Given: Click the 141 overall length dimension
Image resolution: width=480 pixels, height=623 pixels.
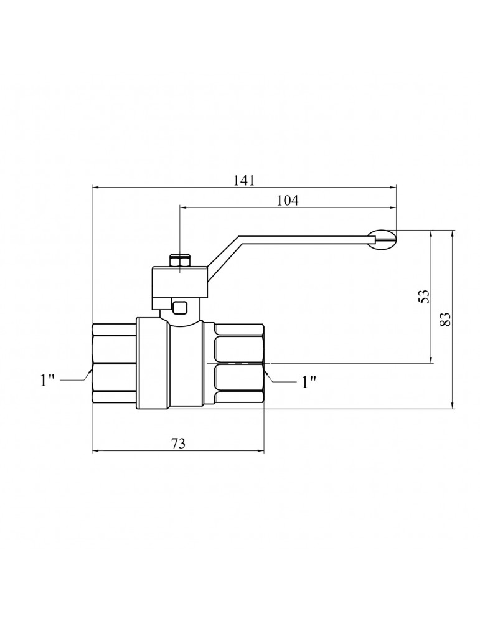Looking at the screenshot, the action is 243,181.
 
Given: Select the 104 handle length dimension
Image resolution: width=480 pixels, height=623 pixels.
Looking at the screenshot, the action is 288,201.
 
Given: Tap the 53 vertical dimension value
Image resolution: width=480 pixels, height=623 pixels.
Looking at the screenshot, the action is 425,297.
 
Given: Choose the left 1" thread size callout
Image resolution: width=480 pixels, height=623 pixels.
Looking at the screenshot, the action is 48,381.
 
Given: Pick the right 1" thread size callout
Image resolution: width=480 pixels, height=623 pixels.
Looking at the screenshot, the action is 309,383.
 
